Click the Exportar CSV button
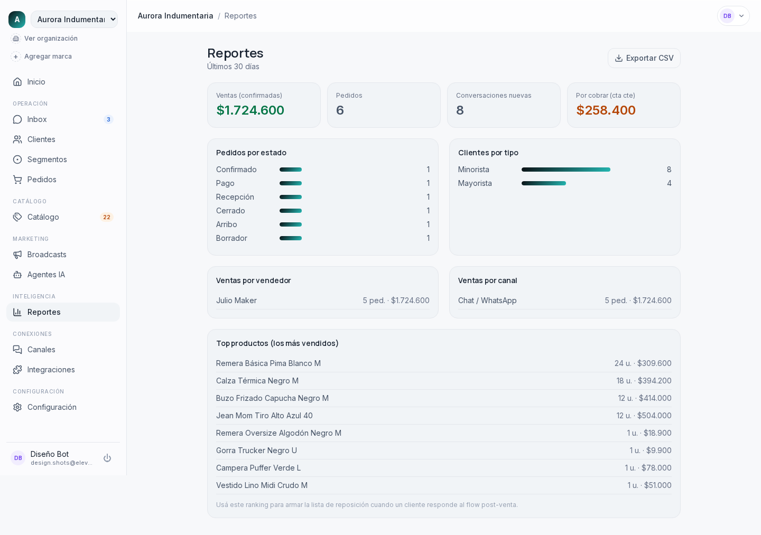(x=644, y=58)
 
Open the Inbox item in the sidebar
(x=63, y=119)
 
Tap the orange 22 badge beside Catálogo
(x=107, y=217)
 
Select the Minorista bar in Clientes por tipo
(x=565, y=170)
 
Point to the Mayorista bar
(x=544, y=183)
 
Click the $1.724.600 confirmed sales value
(x=250, y=110)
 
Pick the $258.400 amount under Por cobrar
(x=606, y=110)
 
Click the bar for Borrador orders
(x=291, y=238)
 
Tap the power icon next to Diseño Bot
(x=107, y=458)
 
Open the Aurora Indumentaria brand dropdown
(x=75, y=20)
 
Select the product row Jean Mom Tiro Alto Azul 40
(x=444, y=416)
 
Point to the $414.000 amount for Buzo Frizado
(x=655, y=398)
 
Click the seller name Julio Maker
(x=236, y=301)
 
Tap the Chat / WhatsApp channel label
(x=487, y=301)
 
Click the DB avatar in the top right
(x=727, y=16)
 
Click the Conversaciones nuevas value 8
(x=460, y=110)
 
